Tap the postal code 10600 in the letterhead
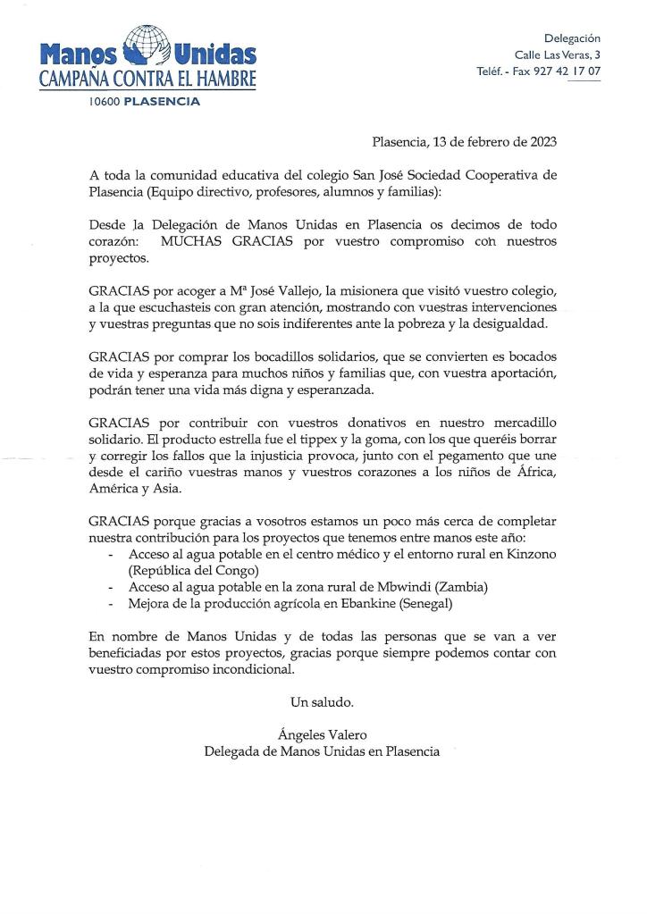coord(104,102)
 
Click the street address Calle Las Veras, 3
coord(559,54)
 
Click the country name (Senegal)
coord(421,604)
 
